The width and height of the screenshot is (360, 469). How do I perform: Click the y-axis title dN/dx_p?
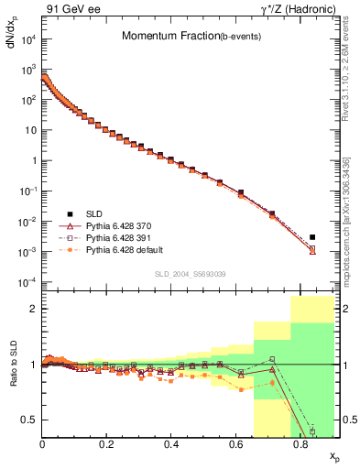tap(11, 36)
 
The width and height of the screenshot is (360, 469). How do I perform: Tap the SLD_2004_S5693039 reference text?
tap(190, 273)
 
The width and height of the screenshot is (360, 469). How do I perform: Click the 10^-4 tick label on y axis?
tap(26, 281)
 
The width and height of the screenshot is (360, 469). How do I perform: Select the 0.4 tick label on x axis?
tap(171, 442)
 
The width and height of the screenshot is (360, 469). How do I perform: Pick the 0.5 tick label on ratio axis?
tap(29, 420)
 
